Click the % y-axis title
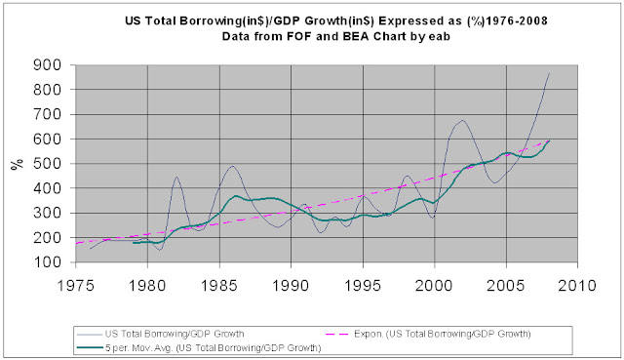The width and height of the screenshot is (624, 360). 16,164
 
